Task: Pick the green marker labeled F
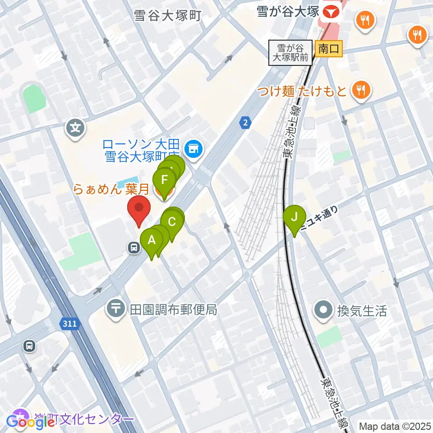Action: (164, 181)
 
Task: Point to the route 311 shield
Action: (70, 323)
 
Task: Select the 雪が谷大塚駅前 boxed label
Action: (290, 52)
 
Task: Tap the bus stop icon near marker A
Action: (134, 247)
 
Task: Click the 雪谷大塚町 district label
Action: (167, 16)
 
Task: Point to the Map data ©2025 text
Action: (395, 426)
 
